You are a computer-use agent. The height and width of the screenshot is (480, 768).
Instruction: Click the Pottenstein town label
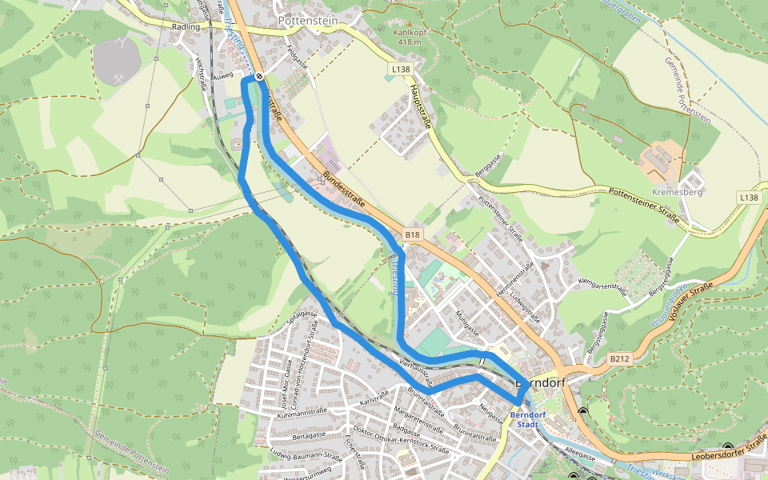[307, 20]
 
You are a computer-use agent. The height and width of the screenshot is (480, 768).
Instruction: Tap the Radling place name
[185, 26]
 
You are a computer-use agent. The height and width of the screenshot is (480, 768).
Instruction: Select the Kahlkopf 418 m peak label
[408, 38]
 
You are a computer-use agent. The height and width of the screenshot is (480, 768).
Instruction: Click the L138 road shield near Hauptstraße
[401, 70]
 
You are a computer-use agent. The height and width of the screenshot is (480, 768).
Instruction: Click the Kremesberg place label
[677, 193]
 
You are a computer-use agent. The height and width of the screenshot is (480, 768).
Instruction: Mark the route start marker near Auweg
[260, 77]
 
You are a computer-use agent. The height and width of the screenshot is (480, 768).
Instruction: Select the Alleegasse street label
[579, 454]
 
